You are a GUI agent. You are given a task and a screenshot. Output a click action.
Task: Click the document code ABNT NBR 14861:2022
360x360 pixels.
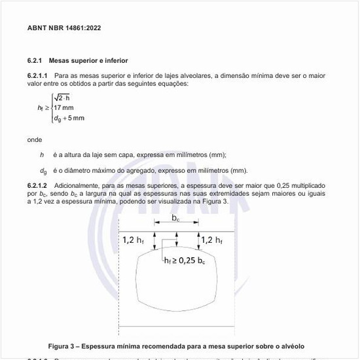pos(64,28)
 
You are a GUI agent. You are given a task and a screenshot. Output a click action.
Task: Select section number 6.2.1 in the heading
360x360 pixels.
pos(36,61)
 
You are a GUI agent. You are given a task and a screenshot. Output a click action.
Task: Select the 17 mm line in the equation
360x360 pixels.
pos(64,107)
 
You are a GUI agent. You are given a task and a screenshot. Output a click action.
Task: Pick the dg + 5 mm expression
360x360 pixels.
pos(69,118)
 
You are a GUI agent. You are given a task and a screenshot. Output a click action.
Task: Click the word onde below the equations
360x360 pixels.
pos(35,139)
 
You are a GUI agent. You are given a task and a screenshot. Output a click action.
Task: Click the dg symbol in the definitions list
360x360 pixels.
pos(43,171)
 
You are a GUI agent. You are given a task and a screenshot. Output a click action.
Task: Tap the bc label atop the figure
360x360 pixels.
pos(176,218)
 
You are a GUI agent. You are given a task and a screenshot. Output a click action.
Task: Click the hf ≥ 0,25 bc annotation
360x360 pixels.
pos(185,261)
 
